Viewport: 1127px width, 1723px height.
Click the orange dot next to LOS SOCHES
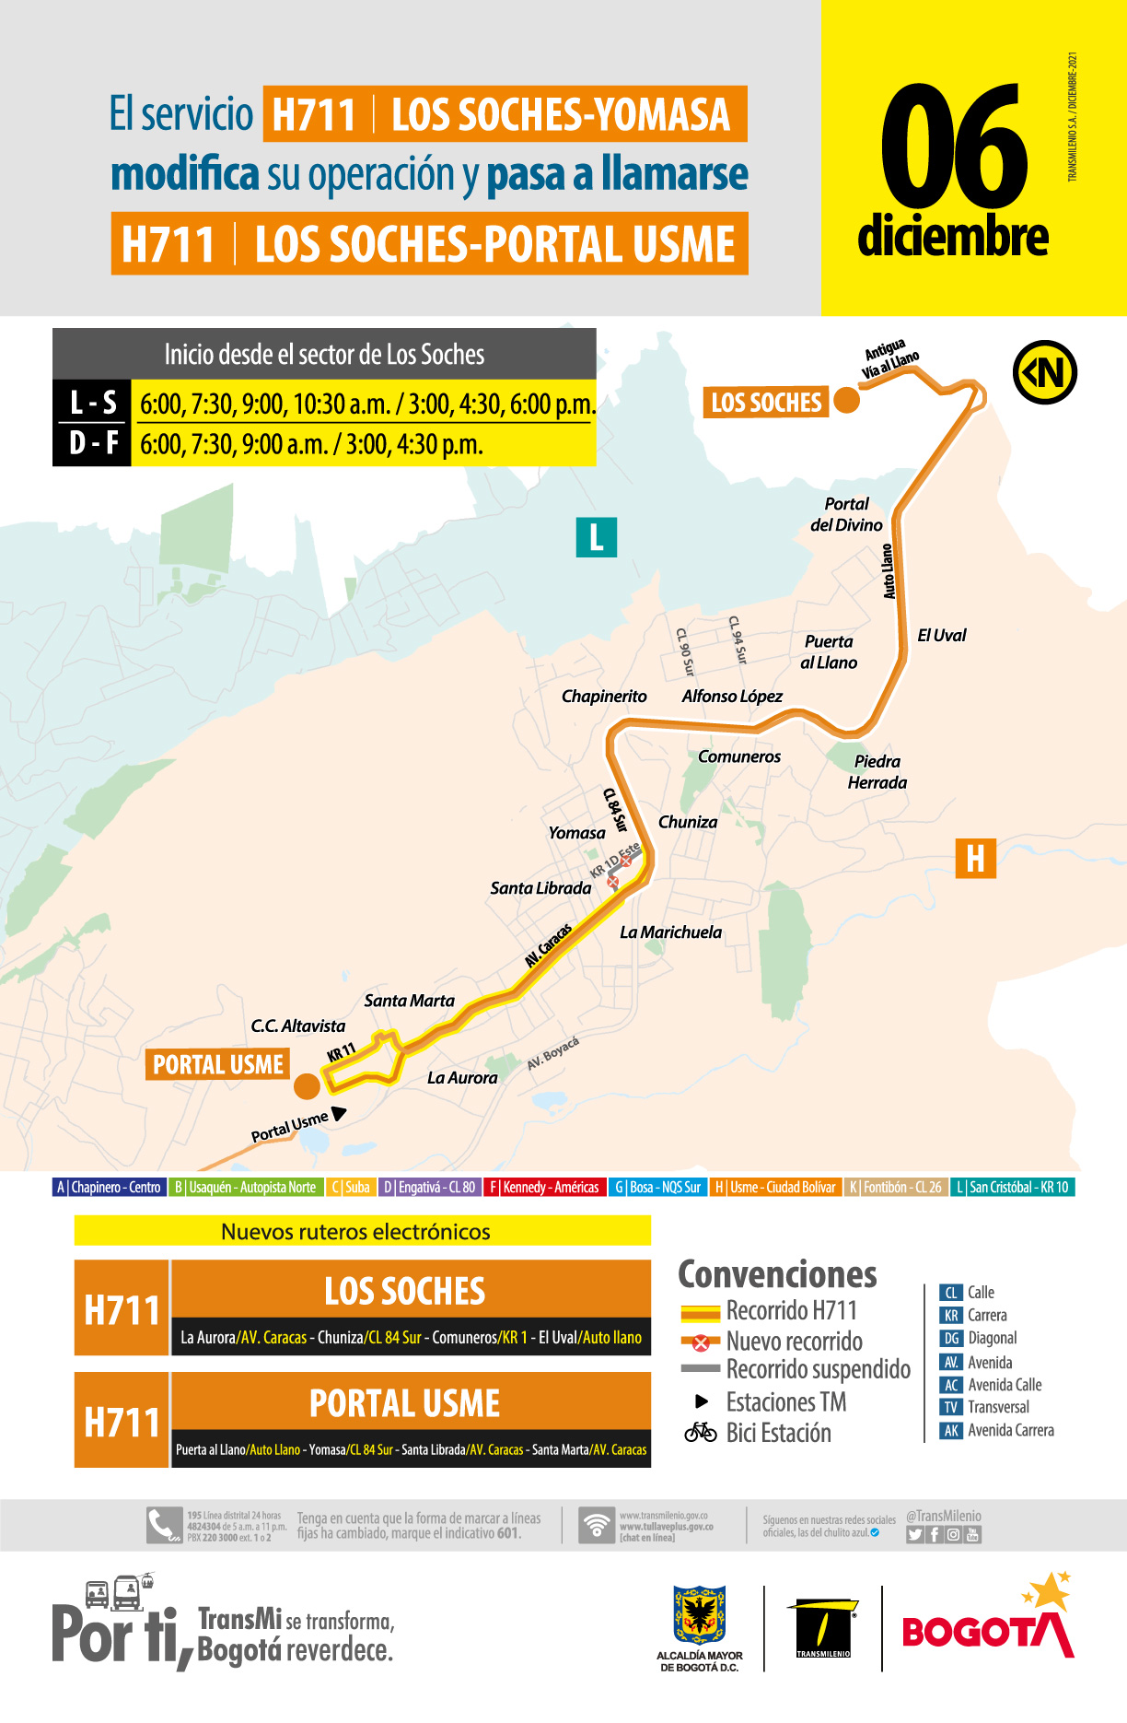coord(846,401)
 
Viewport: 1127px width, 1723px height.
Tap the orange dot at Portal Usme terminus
coord(307,1086)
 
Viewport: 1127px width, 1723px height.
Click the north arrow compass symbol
coord(1045,372)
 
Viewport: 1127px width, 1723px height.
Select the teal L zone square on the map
coord(596,537)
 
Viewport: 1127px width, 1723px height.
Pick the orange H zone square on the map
coord(975,858)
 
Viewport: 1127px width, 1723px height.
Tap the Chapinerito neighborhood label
coord(604,697)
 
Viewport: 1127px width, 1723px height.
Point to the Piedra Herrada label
coord(877,772)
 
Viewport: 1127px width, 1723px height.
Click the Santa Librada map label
coord(540,888)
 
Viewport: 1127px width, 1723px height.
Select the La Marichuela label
coord(670,932)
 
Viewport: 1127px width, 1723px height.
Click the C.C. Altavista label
coord(298,1026)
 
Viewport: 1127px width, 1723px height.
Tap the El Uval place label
coord(942,635)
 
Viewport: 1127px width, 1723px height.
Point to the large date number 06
coord(953,147)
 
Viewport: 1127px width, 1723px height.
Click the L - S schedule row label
coord(93,403)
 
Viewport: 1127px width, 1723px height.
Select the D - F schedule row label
coord(93,444)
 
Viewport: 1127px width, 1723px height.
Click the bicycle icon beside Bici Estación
coord(701,1433)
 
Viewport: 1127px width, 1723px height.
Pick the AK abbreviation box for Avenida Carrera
coord(951,1431)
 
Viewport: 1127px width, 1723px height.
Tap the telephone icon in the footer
coord(164,1526)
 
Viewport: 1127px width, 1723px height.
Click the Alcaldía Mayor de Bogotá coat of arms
coord(700,1615)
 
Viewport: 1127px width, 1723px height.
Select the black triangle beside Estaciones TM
coord(702,1401)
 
